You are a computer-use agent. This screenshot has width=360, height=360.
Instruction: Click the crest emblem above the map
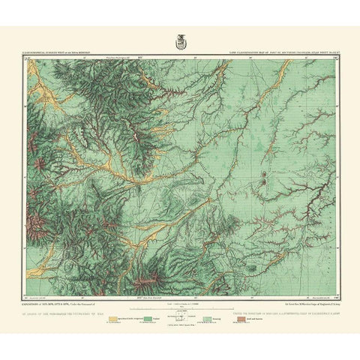coord(181,41)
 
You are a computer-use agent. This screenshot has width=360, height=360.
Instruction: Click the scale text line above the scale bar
coord(180,300)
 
